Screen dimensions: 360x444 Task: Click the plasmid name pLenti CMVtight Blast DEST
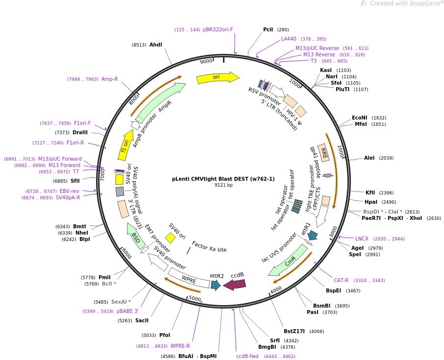click(x=223, y=179)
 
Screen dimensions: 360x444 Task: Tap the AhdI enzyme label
click(x=155, y=45)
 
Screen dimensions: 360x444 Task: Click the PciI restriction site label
click(x=268, y=29)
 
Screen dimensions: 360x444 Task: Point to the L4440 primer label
click(x=289, y=39)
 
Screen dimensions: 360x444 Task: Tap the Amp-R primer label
click(x=109, y=79)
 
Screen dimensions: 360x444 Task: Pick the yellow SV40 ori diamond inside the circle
click(x=170, y=238)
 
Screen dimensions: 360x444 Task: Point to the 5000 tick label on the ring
click(x=195, y=298)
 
